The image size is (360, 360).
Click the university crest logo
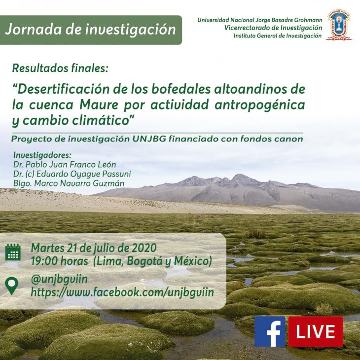coord(339,25)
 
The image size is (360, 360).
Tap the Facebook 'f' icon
coord(270,331)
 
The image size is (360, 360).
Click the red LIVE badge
coord(316,331)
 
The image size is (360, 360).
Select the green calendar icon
coord(13,252)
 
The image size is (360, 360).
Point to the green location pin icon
coord(12,286)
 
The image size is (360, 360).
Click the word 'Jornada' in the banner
coord(34,30)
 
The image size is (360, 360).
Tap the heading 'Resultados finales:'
coord(60,69)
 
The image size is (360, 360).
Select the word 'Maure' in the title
coord(99,105)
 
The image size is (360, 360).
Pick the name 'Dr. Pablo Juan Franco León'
coord(65,165)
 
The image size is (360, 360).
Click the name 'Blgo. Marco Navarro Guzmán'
coord(69,183)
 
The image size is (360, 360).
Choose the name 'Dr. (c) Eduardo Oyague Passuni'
coord(72,174)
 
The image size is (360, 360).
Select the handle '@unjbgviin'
coord(59,280)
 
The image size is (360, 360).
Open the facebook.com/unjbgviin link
coord(122,292)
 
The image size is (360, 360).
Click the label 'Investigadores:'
coord(42,155)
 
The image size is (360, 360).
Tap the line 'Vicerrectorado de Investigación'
coord(273,28)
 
